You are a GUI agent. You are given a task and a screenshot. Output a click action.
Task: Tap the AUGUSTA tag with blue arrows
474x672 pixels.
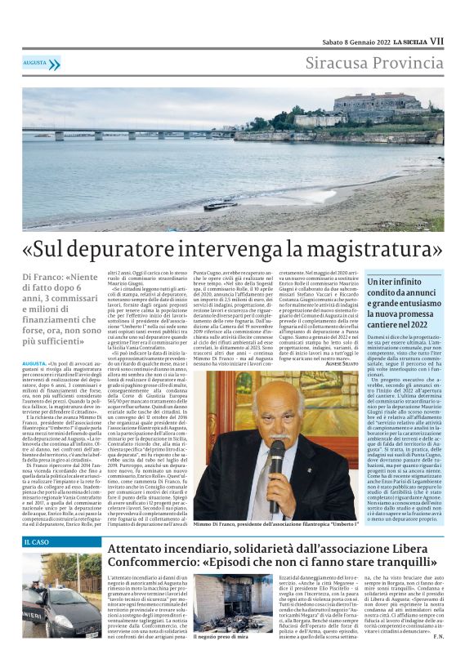(38, 63)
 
